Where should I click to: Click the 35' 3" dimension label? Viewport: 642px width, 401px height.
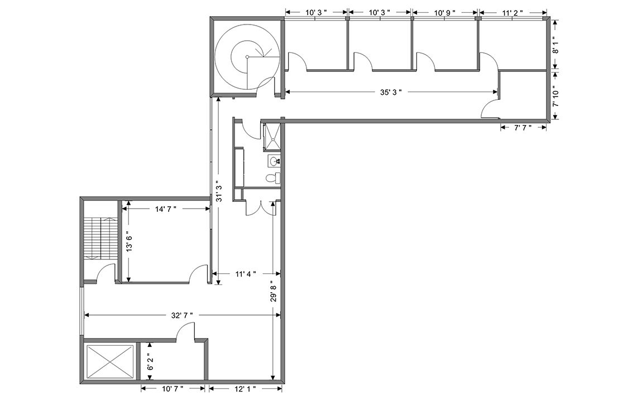click(391, 92)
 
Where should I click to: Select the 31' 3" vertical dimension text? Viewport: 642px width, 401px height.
click(219, 191)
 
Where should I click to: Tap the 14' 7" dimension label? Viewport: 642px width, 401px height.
click(165, 209)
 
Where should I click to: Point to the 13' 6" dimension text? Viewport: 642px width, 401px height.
click(130, 242)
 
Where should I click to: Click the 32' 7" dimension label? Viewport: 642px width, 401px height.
click(182, 315)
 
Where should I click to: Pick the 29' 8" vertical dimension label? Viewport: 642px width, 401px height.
click(274, 291)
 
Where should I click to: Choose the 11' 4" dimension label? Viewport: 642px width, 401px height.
click(246, 274)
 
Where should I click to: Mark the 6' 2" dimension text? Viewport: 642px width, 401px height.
click(150, 362)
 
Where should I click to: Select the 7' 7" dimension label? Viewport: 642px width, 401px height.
click(523, 128)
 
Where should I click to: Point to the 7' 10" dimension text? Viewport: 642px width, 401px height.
click(555, 96)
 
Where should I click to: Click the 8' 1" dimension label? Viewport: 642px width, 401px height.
click(555, 45)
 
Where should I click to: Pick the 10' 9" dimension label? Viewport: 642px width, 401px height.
click(444, 13)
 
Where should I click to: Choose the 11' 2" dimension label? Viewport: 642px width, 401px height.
click(512, 13)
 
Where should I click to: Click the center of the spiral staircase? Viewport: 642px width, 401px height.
click(247, 56)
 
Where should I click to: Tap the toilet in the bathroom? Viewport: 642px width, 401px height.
click(272, 178)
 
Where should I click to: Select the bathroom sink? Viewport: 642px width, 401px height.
click(274, 161)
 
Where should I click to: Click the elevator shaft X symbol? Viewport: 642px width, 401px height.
click(110, 361)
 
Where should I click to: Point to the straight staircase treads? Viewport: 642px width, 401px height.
click(100, 238)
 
